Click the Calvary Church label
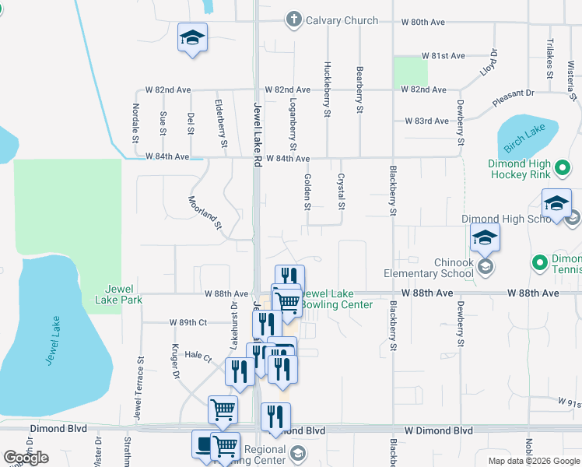[342, 20]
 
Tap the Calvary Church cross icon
[294, 20]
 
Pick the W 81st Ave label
[444, 56]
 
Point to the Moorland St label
[206, 213]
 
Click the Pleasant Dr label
[514, 98]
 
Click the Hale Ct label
[198, 355]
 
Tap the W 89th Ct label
[188, 322]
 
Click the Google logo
[26, 458]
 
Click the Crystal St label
[341, 191]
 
